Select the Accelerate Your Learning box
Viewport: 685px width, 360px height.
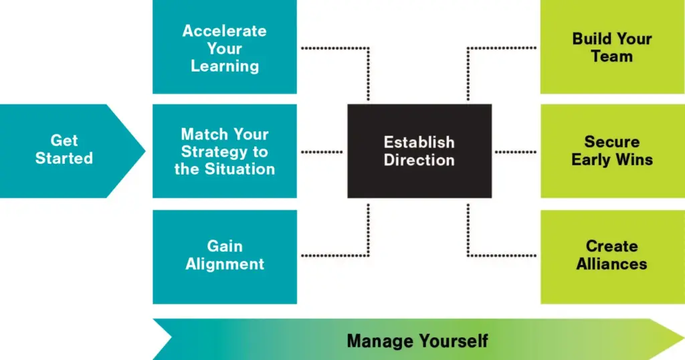[x=225, y=47]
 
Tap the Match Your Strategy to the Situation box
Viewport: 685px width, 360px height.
[x=225, y=151]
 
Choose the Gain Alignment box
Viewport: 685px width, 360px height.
[x=225, y=257]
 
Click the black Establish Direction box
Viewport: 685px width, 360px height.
[x=419, y=151]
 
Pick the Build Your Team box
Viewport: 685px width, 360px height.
[x=613, y=47]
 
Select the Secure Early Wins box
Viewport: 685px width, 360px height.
[x=613, y=151]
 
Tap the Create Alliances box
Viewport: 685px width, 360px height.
[x=613, y=257]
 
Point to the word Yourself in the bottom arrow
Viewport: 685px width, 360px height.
[x=454, y=341]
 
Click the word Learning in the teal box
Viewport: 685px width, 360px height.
[x=225, y=66]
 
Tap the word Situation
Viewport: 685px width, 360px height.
[x=240, y=169]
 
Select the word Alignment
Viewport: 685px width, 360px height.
[x=225, y=264]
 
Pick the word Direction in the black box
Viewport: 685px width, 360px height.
[x=419, y=160]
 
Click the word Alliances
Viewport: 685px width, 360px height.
[x=611, y=264]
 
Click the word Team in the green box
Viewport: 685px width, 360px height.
[x=611, y=56]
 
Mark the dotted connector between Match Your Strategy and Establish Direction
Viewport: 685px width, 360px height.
[x=322, y=152]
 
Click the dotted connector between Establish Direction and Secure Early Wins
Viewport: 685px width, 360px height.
[x=516, y=152]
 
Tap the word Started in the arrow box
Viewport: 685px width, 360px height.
[x=64, y=158]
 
